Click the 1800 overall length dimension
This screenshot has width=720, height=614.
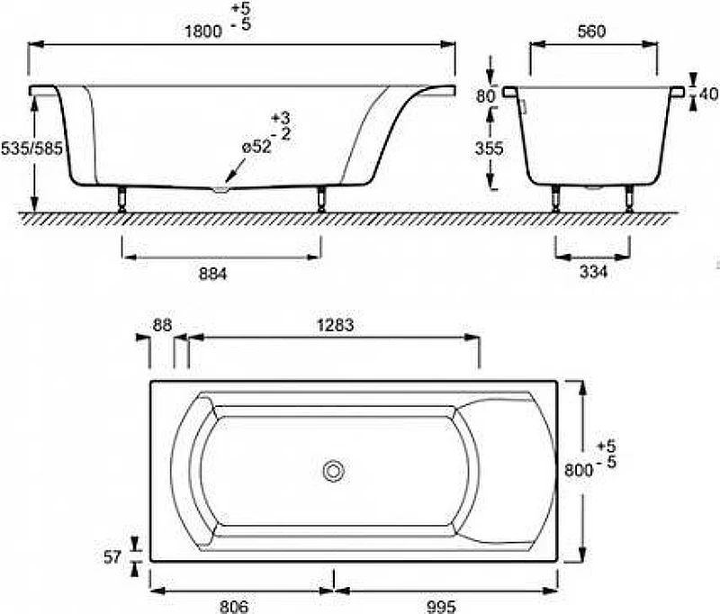coord(203,32)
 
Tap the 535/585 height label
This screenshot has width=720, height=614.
coord(31,149)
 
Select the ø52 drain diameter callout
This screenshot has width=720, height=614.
coord(256,147)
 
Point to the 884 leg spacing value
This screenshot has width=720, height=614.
coord(212,275)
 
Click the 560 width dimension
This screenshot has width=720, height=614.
coord(591,32)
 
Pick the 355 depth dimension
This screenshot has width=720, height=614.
coord(489,149)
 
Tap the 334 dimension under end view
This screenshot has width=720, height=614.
coord(593,272)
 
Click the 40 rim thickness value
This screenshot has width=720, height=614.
coord(708,95)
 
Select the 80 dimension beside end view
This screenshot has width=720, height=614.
coord(485,96)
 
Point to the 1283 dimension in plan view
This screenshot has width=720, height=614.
coord(335,325)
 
